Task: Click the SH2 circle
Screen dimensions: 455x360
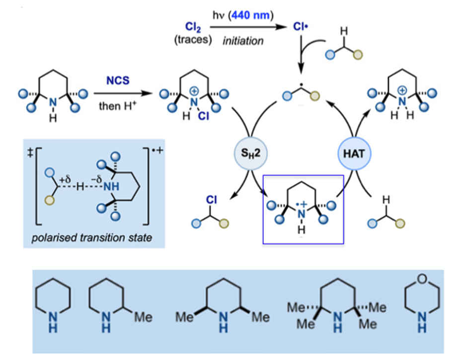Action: (x=251, y=153)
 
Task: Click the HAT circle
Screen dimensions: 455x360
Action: (x=354, y=153)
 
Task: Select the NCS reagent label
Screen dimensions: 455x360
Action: (x=118, y=80)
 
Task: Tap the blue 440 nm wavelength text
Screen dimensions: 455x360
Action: (x=251, y=15)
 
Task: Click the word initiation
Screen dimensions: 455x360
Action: (x=243, y=41)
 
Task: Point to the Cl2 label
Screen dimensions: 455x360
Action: (x=193, y=27)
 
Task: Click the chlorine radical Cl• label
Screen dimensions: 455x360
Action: (x=301, y=27)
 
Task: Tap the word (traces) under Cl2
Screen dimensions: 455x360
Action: (x=193, y=39)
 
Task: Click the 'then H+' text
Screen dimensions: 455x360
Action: (x=118, y=106)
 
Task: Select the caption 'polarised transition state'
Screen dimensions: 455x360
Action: (x=92, y=238)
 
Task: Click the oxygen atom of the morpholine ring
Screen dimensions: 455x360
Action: (x=422, y=279)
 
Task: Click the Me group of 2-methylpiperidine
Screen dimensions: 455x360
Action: (x=144, y=317)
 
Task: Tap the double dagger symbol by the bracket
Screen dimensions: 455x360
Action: (x=30, y=153)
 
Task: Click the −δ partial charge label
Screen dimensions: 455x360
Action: (x=96, y=180)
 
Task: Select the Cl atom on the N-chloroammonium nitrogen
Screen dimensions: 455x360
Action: (x=204, y=116)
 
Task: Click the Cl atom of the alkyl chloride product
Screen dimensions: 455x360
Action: (x=211, y=200)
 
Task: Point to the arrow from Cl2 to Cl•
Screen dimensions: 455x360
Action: (x=248, y=27)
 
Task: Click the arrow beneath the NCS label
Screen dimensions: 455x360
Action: (x=123, y=93)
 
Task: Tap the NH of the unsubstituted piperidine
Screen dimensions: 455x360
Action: (x=53, y=323)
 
